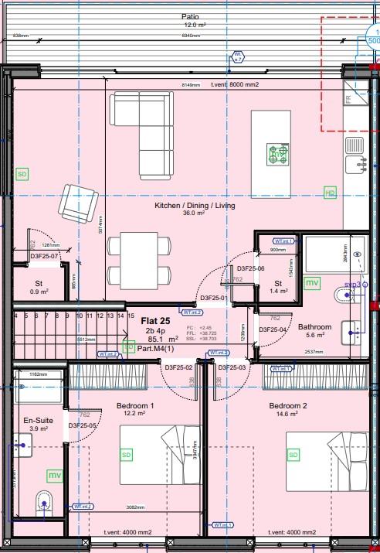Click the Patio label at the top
click(189, 16)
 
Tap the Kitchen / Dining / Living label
click(195, 206)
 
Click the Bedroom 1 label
click(135, 405)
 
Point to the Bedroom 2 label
click(288, 405)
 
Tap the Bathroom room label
click(314, 326)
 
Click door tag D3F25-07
click(45, 255)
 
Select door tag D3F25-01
click(214, 298)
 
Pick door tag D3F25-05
click(82, 425)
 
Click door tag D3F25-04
click(273, 330)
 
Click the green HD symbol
click(330, 192)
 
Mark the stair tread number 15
click(120, 316)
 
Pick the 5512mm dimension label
click(86, 339)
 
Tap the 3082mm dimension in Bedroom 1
click(136, 507)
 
